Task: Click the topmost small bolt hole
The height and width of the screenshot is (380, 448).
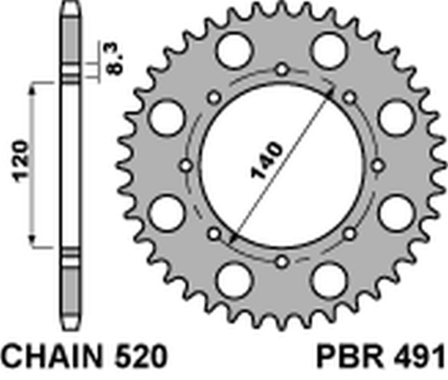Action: pyautogui.click(x=283, y=68)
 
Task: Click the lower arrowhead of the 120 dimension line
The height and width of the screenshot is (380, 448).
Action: pyautogui.click(x=35, y=242)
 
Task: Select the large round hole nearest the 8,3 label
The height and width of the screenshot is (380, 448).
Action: pyautogui.click(x=232, y=50)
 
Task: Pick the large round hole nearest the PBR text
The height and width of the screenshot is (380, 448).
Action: pyautogui.click(x=332, y=279)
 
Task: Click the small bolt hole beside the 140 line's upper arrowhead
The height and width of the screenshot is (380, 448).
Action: pyautogui.click(x=350, y=96)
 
